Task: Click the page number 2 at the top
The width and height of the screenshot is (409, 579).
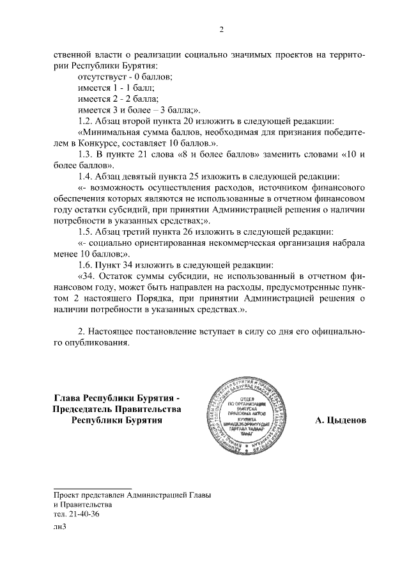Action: coord(222,29)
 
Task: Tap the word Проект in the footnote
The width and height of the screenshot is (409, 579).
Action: coord(67,495)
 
